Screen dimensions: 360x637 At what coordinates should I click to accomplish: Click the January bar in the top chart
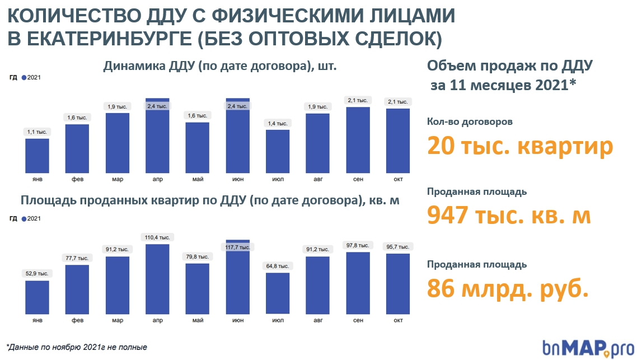[37, 156]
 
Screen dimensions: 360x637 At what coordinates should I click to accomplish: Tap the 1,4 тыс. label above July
[277, 123]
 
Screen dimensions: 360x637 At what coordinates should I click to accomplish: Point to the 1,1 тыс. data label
[38, 132]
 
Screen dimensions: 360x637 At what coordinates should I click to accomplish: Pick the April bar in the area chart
[157, 279]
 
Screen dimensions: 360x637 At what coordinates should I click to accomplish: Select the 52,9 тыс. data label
[38, 274]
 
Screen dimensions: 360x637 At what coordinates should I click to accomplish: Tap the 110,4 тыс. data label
[157, 238]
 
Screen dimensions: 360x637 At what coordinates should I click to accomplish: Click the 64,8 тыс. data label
[277, 266]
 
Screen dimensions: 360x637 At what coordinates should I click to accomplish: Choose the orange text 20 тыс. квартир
[520, 147]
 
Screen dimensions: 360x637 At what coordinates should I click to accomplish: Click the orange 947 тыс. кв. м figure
[509, 216]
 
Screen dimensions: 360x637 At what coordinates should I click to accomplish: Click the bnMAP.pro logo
[588, 347]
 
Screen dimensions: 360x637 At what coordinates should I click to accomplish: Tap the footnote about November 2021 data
[77, 347]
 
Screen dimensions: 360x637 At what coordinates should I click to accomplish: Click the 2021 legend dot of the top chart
[24, 77]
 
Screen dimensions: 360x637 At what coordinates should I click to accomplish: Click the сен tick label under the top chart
[358, 180]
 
